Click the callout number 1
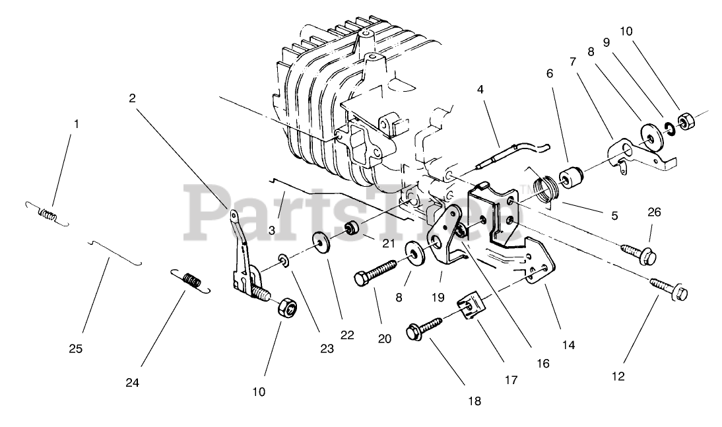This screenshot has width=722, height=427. point(76,123)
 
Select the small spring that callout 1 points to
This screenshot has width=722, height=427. point(48,214)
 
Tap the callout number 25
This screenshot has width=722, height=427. point(76,348)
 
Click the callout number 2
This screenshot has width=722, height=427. point(132,98)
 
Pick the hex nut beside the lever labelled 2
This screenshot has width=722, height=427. point(286,308)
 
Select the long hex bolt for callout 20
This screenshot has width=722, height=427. point(374,272)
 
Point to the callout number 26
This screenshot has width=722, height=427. point(653,212)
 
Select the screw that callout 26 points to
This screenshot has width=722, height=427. point(638,251)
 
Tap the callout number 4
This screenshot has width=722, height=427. point(480,88)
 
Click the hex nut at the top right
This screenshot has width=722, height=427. point(685,121)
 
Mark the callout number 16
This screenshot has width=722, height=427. point(543,362)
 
